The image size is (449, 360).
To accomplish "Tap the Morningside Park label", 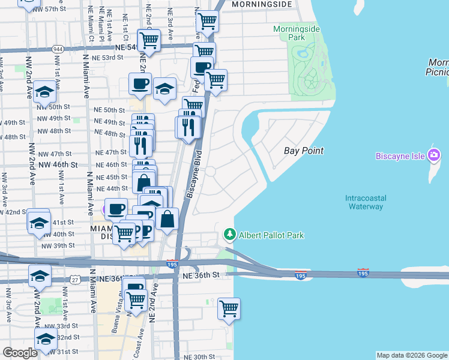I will pyautogui.click(x=297, y=33).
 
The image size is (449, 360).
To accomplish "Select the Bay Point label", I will pyautogui.click(x=304, y=150).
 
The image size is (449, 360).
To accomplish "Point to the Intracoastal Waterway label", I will pyautogui.click(x=365, y=202).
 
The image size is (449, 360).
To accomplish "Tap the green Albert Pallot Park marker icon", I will pyautogui.click(x=229, y=233).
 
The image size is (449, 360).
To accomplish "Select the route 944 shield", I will pyautogui.click(x=58, y=48).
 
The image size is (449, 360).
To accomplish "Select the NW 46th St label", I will pyautogui.click(x=58, y=164).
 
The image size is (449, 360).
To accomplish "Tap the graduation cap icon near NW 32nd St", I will pyautogui.click(x=46, y=339).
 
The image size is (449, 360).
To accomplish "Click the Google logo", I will pyautogui.click(x=20, y=353).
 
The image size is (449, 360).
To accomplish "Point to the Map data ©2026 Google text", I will pyautogui.click(x=411, y=355).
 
